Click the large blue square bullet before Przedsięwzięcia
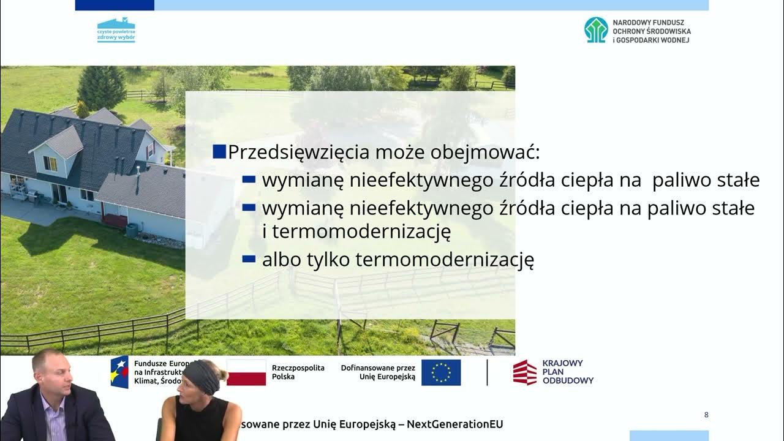pyautogui.click(x=219, y=151)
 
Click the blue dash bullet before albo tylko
pyautogui.click(x=249, y=259)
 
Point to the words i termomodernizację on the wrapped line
pyautogui.click(x=356, y=232)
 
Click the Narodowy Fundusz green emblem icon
pyautogui.click(x=596, y=30)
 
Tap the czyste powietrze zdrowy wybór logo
pyautogui.click(x=116, y=30)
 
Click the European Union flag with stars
pyautogui.click(x=441, y=372)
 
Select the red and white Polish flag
pyautogui.click(x=246, y=372)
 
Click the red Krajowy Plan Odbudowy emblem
pyautogui.click(x=524, y=372)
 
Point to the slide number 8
pyautogui.click(x=706, y=415)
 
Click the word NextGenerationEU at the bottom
pyautogui.click(x=455, y=424)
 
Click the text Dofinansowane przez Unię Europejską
pyautogui.click(x=378, y=372)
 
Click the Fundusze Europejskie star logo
pyautogui.click(x=119, y=372)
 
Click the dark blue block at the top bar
pyautogui.click(x=115, y=5)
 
